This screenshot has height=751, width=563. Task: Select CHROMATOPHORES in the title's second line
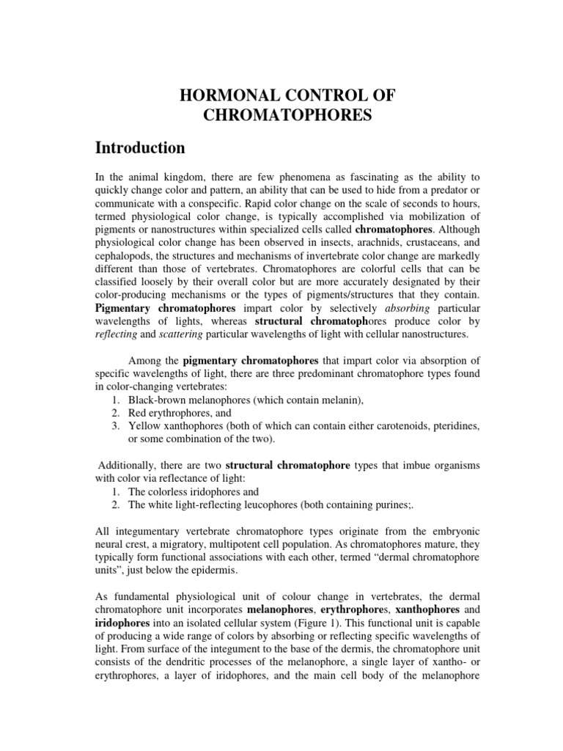281,115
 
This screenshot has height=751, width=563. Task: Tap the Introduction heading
140,147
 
